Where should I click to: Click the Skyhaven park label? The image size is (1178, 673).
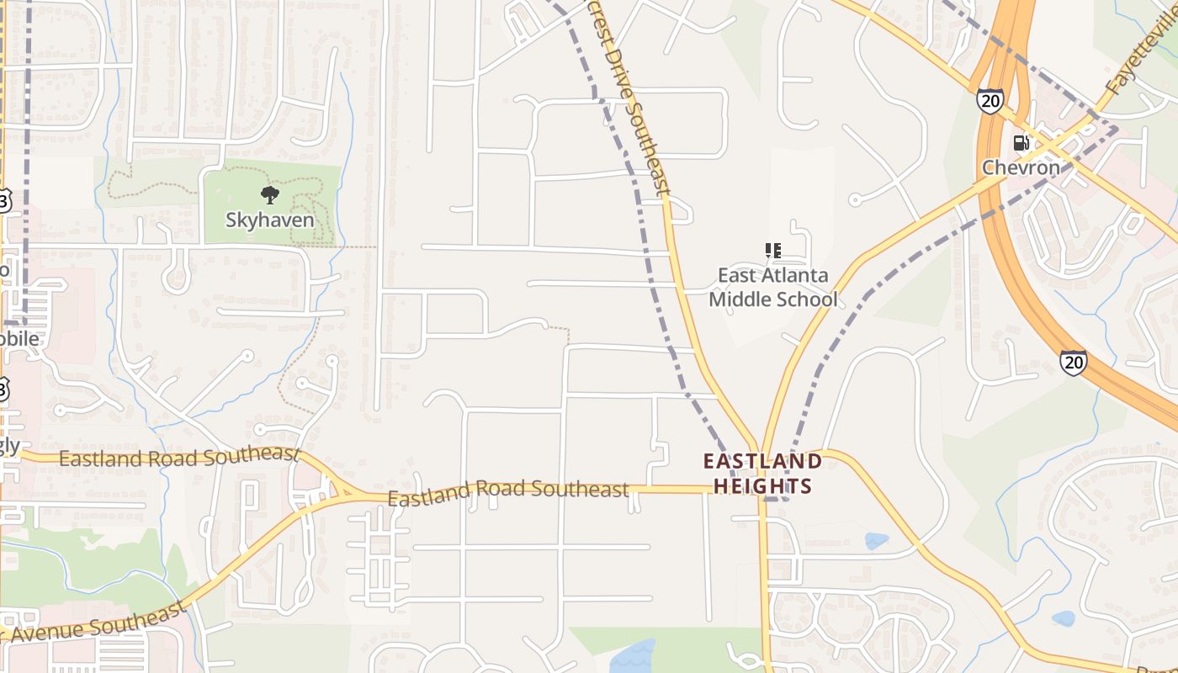pos(269,220)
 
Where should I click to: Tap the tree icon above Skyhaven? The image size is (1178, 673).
pos(269,196)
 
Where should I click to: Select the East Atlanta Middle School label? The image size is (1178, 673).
pos(773,287)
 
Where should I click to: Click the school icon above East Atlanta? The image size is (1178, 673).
pos(773,251)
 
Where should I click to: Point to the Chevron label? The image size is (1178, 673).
pos(1021,167)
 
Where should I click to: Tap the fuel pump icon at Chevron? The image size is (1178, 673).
pos(1021,143)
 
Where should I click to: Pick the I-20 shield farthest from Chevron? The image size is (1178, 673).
pos(1073,363)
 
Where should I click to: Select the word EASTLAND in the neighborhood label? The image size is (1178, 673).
pos(762,461)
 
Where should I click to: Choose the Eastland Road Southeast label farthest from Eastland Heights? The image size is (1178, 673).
pos(179,458)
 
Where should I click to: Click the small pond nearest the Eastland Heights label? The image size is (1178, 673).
pos(876,541)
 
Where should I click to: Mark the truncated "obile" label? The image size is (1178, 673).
pos(19,338)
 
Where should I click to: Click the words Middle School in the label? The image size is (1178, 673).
pos(773,299)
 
